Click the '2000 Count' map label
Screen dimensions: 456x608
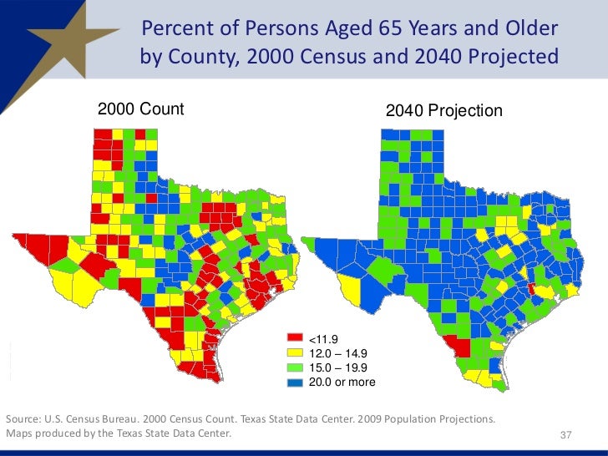click(140, 109)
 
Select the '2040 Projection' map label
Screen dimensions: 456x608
click(443, 110)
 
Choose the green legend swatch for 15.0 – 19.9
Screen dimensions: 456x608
click(294, 367)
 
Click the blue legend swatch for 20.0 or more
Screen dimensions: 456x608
click(294, 382)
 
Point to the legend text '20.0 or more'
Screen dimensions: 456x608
click(342, 383)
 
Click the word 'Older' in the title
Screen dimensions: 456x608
click(533, 29)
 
